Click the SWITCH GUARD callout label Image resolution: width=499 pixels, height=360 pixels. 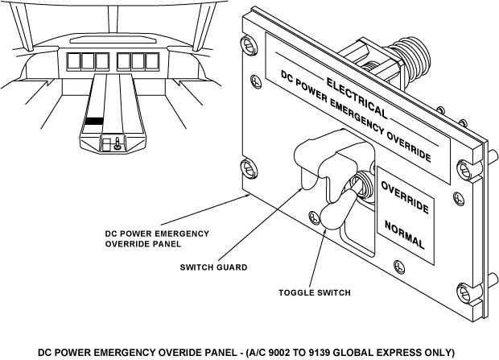coord(213,267)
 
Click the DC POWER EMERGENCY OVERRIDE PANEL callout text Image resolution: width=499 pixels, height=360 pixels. coord(157,238)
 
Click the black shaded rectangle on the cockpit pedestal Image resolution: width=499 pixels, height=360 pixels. coord(94,121)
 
